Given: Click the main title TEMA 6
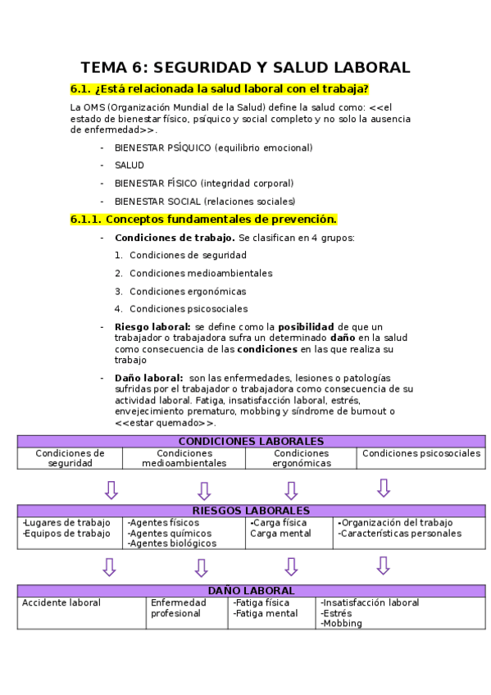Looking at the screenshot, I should pyautogui.click(x=245, y=67).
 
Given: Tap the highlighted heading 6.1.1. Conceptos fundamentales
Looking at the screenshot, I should pyautogui.click(x=203, y=220).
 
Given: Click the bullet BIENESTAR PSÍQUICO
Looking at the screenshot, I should pyautogui.click(x=213, y=148).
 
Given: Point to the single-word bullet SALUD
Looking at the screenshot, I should pyautogui.click(x=130, y=166).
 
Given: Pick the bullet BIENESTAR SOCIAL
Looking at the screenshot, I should pyautogui.click(x=205, y=202).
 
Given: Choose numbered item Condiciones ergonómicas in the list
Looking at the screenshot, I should pyautogui.click(x=188, y=291).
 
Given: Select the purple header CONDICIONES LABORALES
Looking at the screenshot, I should pyautogui.click(x=251, y=441).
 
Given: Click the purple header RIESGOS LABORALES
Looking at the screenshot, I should pyautogui.click(x=251, y=511).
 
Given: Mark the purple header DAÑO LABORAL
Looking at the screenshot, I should pyautogui.click(x=251, y=590).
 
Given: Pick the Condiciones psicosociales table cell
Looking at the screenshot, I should pyautogui.click(x=421, y=453).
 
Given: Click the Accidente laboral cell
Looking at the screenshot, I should pyautogui.click(x=61, y=603).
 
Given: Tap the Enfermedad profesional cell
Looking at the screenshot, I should pyautogui.click(x=179, y=607).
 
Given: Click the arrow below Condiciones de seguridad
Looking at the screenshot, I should pyautogui.click(x=111, y=489).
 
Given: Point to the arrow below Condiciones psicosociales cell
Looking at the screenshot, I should pyautogui.click(x=383, y=488).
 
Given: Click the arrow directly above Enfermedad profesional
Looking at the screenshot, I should pyautogui.click(x=202, y=567).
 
